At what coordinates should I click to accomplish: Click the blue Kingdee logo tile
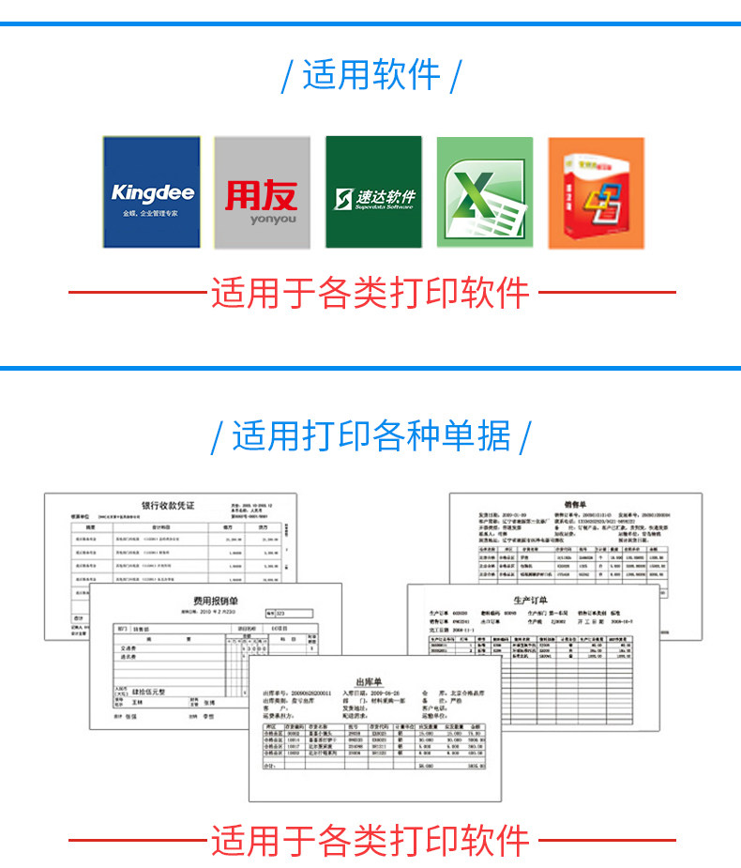tap(152, 192)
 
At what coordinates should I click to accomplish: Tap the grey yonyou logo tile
tap(262, 192)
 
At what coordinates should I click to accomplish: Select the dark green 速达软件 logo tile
tap(373, 192)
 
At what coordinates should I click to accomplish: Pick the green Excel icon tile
tap(484, 192)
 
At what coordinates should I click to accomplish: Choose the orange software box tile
tap(596, 192)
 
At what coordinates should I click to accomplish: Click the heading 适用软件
tap(371, 75)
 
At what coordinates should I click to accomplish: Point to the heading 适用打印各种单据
tap(371, 436)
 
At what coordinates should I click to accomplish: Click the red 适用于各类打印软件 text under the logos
tap(370, 293)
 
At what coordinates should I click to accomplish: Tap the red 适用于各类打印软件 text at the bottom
tap(370, 841)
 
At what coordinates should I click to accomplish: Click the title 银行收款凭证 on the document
tap(168, 506)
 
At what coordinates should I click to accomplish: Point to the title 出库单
tap(372, 681)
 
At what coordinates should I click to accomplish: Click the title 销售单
tap(574, 504)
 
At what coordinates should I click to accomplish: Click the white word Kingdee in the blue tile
tap(152, 193)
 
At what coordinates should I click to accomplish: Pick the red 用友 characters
tap(261, 194)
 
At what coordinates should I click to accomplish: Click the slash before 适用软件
tap(287, 76)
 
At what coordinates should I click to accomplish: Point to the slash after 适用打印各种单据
tap(525, 437)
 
